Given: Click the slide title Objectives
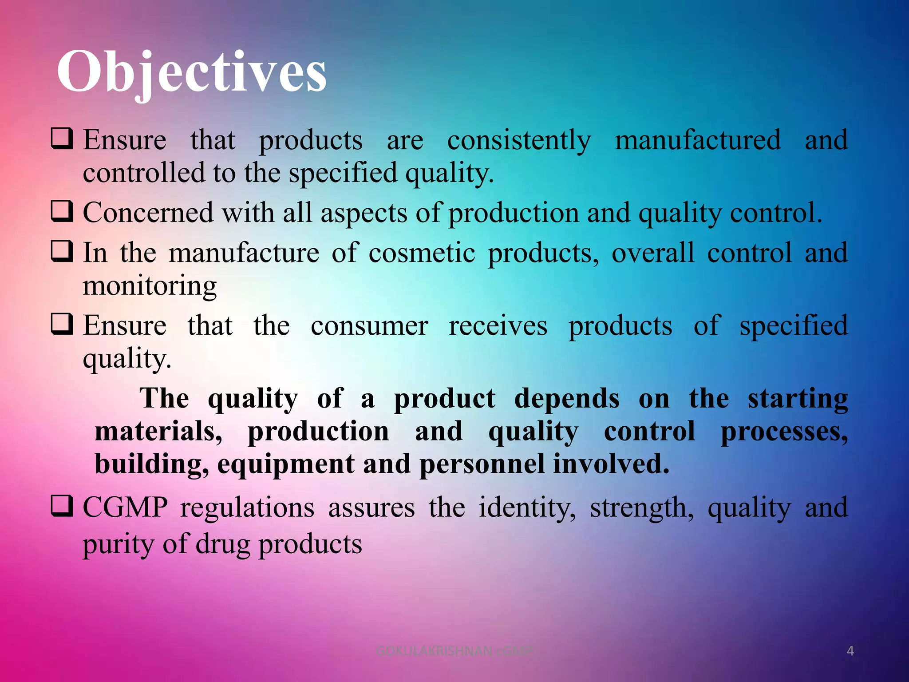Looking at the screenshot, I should [x=192, y=72].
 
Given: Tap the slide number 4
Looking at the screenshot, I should [x=850, y=651].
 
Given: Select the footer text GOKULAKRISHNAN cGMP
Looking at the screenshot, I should [x=454, y=651].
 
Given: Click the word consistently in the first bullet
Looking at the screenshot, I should [x=519, y=141].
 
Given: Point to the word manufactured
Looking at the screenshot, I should [x=698, y=141].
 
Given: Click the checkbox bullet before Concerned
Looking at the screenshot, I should [x=62, y=211].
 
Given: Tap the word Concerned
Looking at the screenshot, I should [x=148, y=213].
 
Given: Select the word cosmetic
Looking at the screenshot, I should [x=422, y=254].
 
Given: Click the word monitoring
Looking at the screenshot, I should [x=150, y=286].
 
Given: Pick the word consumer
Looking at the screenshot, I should [x=369, y=326].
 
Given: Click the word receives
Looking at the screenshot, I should [x=498, y=326].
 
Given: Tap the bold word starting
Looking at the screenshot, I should [x=798, y=399].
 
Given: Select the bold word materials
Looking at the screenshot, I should [x=158, y=432].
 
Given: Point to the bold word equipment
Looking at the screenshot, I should [x=286, y=464].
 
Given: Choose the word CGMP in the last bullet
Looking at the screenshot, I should [x=125, y=508].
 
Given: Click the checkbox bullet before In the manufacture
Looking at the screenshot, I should [x=62, y=251].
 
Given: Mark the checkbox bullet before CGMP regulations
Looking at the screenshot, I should [x=62, y=506].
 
